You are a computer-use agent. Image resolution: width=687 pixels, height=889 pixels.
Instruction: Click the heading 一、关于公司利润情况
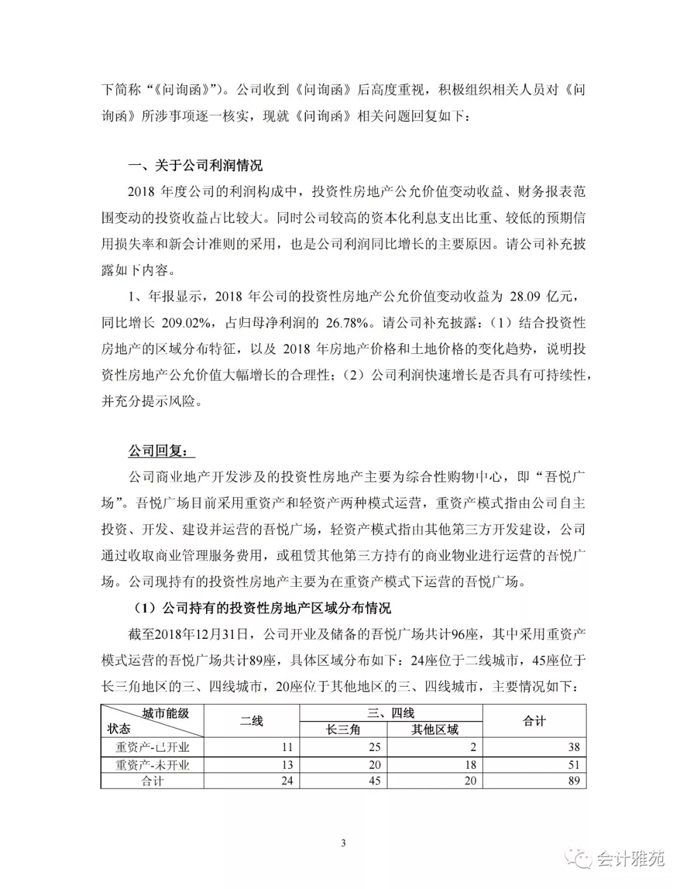(x=195, y=166)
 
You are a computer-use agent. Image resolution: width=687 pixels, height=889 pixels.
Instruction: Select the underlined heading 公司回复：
(x=158, y=451)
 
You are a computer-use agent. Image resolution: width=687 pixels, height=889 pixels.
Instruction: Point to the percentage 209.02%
(x=186, y=323)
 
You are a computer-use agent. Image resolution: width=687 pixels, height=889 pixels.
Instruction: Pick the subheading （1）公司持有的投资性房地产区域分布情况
(x=262, y=608)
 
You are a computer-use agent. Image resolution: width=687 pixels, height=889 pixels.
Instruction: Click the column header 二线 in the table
(x=251, y=721)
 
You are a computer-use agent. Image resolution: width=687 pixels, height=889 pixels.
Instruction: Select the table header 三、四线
(x=391, y=713)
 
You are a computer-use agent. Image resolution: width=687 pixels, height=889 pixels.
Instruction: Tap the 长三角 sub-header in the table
(x=343, y=730)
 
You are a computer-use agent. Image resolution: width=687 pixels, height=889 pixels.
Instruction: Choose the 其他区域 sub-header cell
(x=434, y=730)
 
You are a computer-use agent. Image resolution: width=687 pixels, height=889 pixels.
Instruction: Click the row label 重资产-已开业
(x=152, y=747)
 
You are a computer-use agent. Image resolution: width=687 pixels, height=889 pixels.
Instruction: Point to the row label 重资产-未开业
(x=152, y=764)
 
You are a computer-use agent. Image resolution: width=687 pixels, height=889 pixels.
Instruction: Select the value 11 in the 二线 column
(x=287, y=747)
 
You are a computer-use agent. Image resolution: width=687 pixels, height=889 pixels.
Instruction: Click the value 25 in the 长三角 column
(x=375, y=747)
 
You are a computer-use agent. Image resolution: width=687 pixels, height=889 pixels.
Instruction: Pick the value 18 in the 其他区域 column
(x=470, y=764)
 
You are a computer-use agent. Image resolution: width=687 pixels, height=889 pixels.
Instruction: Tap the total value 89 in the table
(x=574, y=781)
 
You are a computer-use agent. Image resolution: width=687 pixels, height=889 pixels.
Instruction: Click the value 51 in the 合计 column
(x=574, y=764)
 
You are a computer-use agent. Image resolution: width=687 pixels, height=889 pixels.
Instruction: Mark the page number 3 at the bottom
(x=343, y=844)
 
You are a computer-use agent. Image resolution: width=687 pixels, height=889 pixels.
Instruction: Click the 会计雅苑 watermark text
(x=630, y=858)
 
